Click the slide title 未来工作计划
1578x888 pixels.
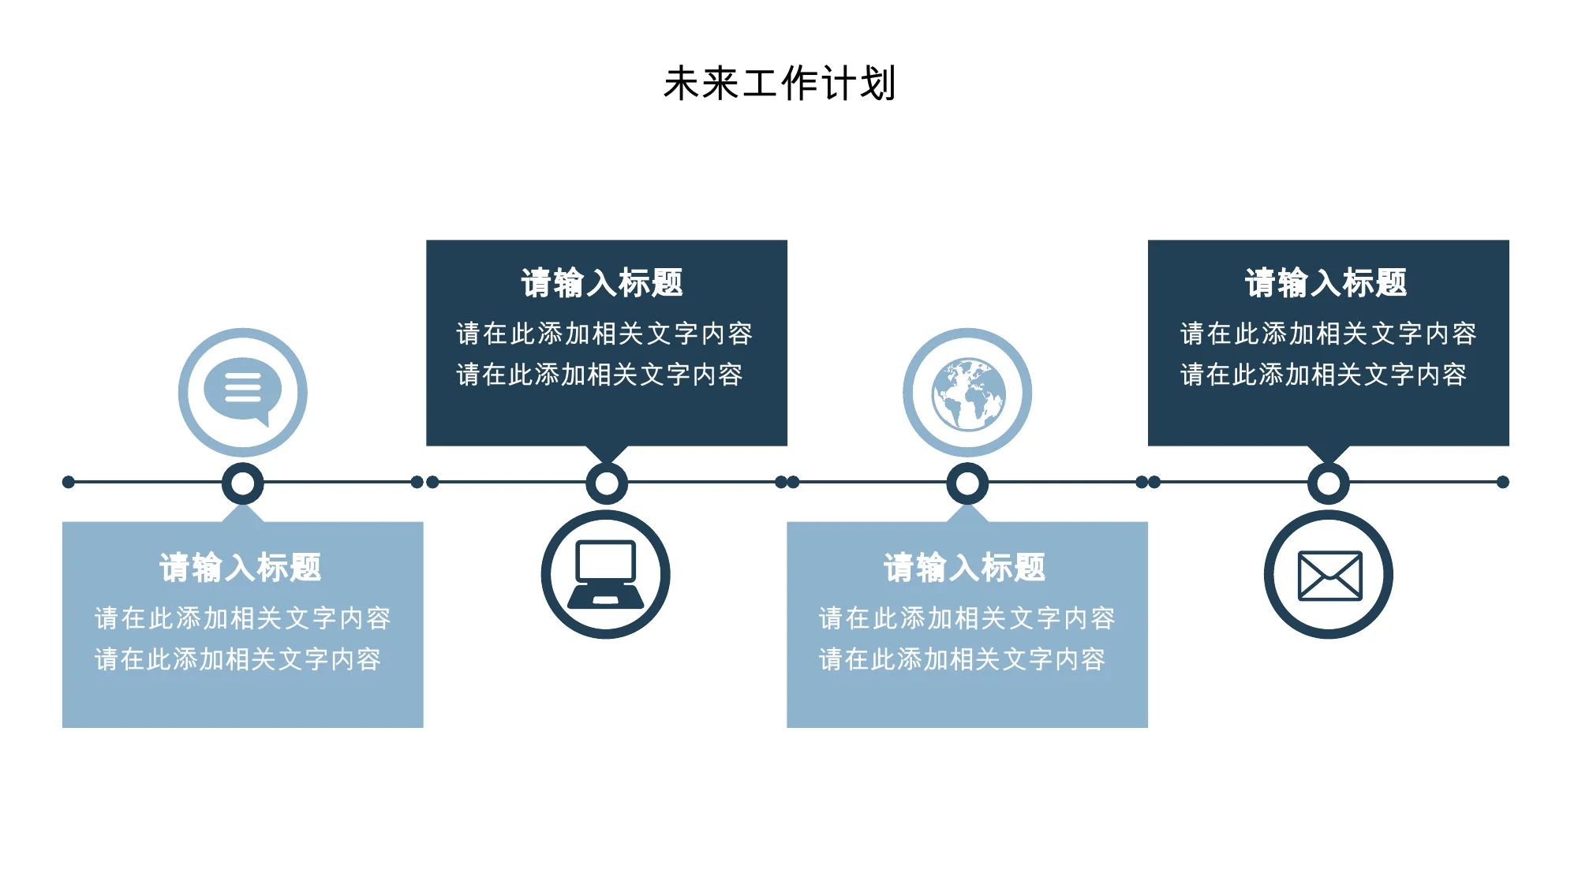780,84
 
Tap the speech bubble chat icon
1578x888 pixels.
242,392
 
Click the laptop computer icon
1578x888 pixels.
606,574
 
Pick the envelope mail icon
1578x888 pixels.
1329,575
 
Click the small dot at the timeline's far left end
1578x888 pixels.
69,482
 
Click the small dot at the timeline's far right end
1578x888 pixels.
1503,482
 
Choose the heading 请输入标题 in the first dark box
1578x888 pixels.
602,282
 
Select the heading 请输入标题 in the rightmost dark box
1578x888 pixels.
1326,282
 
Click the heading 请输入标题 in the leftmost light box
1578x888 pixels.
241,567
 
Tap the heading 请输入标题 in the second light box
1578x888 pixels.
965,567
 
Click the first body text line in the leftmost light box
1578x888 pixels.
243,618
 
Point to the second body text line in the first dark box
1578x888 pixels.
600,375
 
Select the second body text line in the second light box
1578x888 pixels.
962,659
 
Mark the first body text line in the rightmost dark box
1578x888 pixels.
1329,334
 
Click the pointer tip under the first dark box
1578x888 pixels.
607,464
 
